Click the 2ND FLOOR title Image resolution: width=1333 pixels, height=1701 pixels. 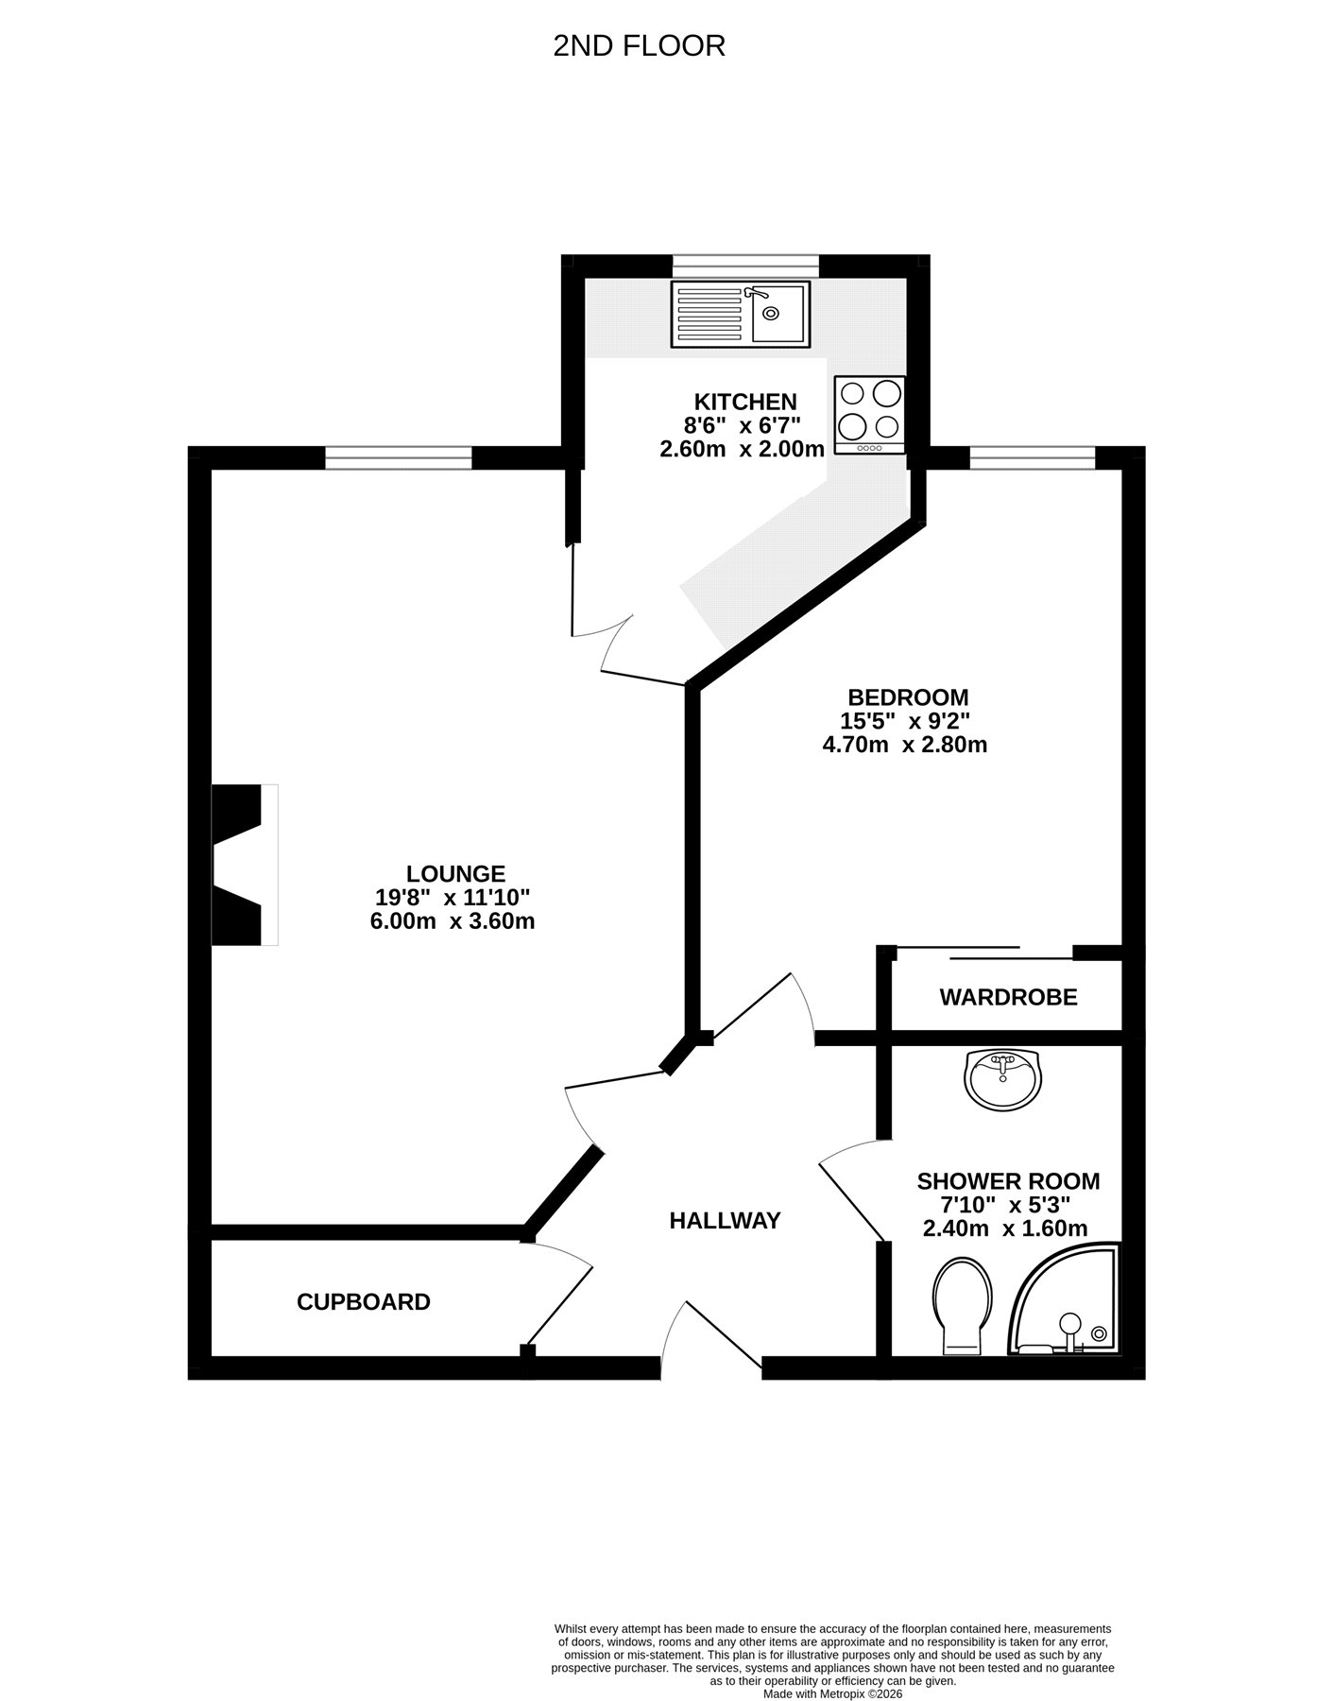click(639, 45)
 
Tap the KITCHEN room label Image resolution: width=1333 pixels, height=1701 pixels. click(745, 402)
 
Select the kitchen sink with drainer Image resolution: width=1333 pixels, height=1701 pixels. click(741, 313)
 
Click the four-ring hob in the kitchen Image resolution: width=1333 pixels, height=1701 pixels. click(870, 415)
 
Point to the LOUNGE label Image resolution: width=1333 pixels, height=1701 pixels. click(456, 874)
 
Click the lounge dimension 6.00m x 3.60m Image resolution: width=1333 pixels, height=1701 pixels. click(453, 921)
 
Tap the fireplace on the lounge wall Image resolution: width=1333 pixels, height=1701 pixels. click(245, 864)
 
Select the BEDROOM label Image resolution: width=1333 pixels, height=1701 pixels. click(908, 697)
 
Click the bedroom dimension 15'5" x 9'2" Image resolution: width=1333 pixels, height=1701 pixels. click(905, 720)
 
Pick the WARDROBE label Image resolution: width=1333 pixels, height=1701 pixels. click(1008, 997)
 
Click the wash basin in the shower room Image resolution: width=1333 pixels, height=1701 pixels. click(1002, 1079)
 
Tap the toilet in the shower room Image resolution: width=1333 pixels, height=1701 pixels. click(963, 1305)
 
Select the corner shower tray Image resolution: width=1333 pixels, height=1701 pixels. click(1065, 1301)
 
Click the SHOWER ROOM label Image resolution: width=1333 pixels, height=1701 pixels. click(1008, 1181)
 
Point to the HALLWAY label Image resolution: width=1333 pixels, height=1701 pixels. click(725, 1221)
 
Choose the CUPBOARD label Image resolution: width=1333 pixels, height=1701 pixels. click(364, 1302)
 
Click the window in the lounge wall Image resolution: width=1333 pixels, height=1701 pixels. click(399, 458)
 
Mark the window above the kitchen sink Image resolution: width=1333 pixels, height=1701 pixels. click(745, 266)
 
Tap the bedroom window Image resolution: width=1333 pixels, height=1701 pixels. click(1033, 458)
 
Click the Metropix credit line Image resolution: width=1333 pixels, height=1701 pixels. click(832, 1694)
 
